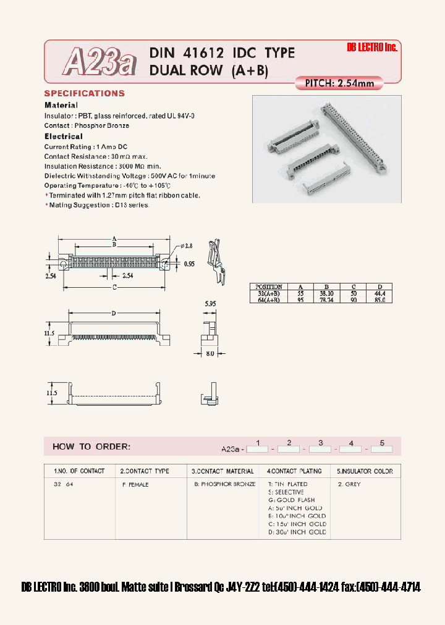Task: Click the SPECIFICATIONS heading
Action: (84, 94)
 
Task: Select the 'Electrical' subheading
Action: (63, 136)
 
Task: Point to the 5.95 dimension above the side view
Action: (210, 304)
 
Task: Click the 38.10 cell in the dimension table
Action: (327, 293)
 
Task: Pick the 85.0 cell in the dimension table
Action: (379, 300)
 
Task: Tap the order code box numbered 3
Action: (320, 450)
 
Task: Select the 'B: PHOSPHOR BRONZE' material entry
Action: (225, 484)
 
